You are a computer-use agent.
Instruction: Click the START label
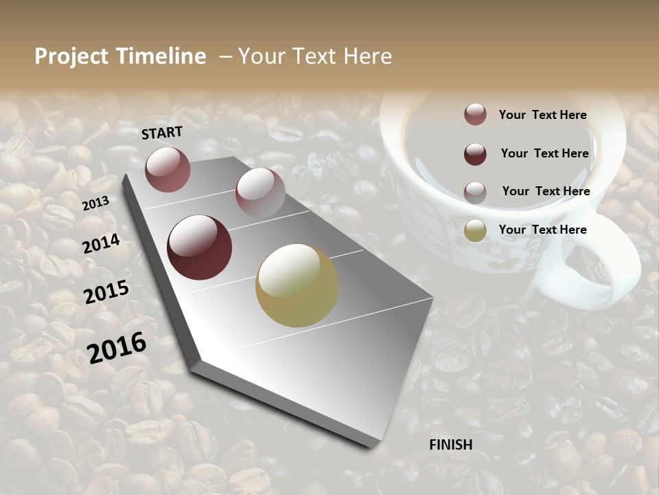pos(162,133)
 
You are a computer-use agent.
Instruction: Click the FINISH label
pos(450,445)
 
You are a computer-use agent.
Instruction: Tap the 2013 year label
pos(95,203)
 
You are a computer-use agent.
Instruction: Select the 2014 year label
pos(101,243)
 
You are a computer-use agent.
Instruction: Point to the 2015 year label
pos(106,292)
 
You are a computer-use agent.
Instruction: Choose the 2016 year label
pos(117,347)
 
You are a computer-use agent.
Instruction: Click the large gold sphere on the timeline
pos(297,285)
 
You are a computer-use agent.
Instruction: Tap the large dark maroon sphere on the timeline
pos(199,247)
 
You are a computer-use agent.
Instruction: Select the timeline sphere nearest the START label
pos(168,169)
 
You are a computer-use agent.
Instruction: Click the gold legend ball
pos(475,230)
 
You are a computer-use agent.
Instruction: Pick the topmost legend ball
pos(475,114)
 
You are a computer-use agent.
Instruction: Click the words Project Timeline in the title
pos(120,56)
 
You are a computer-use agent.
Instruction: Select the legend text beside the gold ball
pos(542,230)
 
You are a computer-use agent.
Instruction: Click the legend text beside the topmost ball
pos(542,115)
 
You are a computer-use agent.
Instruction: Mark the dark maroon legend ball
pos(475,153)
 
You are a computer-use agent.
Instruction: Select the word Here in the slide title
pos(367,56)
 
